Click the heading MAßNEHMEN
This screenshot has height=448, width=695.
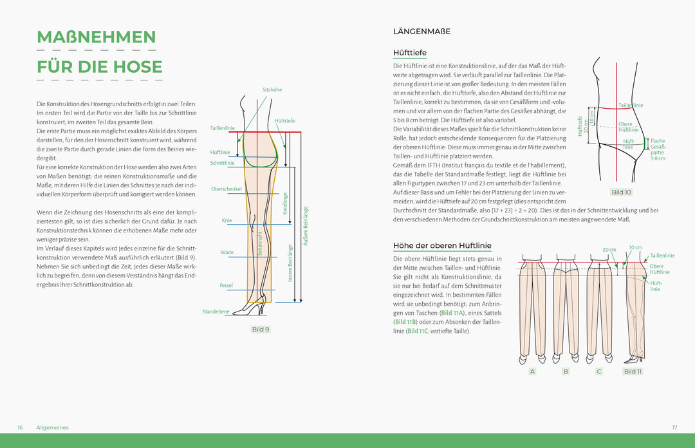coord(96,37)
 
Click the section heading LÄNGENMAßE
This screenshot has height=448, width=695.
coord(422,32)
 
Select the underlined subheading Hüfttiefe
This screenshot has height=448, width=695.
coord(409,53)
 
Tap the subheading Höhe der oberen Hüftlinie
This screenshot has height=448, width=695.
coord(442,246)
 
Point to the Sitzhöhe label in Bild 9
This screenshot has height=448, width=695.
coord(272,90)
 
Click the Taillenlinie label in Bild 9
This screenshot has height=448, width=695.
coord(222,129)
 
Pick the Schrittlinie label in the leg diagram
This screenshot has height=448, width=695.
coord(222,163)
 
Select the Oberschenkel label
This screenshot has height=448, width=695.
coord(226,189)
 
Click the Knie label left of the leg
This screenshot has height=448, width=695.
coord(227,221)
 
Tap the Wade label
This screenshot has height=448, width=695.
coord(227,253)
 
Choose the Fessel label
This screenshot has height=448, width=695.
coord(226,285)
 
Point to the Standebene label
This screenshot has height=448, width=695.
coord(216,312)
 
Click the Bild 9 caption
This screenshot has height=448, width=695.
coord(260,330)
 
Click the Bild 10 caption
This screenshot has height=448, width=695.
coord(621,192)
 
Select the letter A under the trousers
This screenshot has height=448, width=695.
coord(532,371)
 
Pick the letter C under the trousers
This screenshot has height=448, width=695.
coord(599,371)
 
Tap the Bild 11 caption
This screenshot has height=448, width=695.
coord(633,371)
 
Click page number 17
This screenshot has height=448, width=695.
coord(674,427)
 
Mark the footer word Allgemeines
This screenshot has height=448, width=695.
coord(52,427)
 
